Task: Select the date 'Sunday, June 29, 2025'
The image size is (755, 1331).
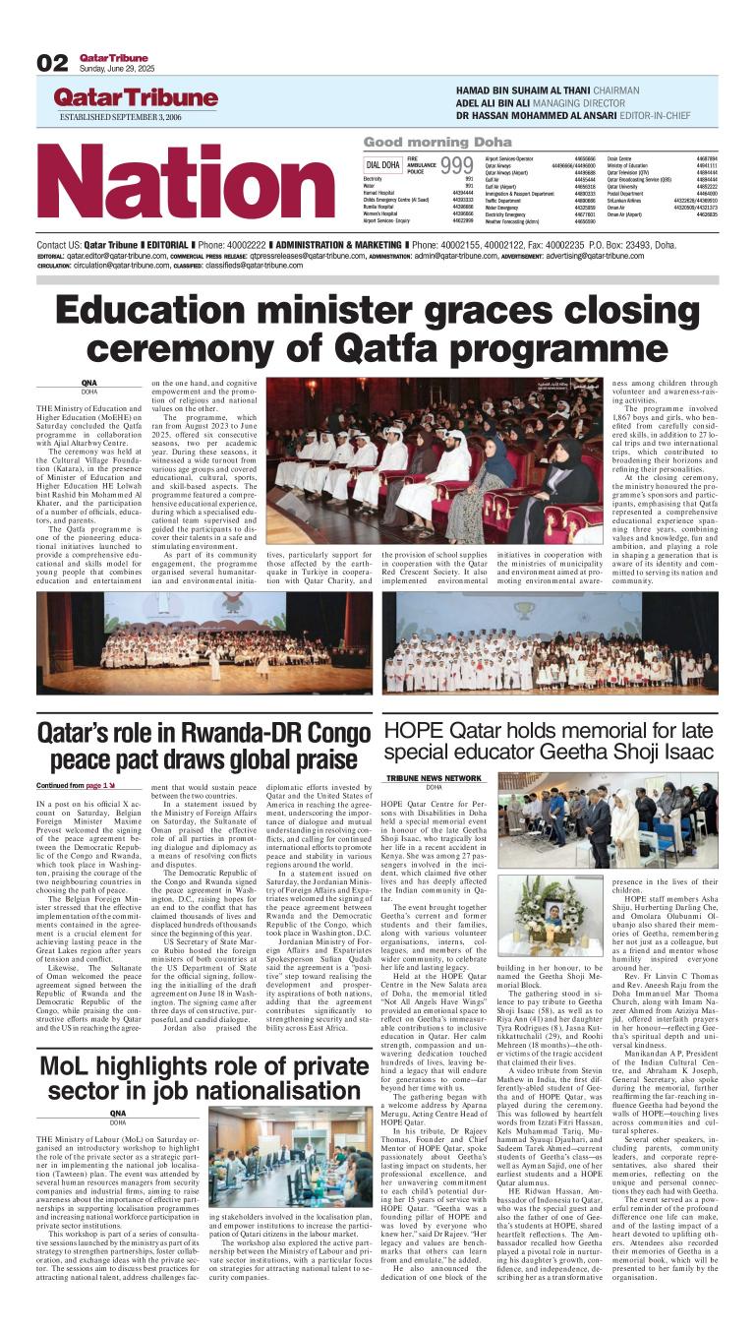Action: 116,69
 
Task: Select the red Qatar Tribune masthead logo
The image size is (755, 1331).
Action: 135,97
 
